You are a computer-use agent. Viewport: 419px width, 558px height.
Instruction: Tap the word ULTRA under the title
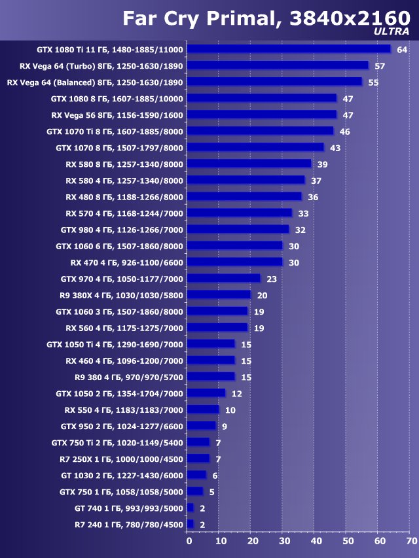pos(392,31)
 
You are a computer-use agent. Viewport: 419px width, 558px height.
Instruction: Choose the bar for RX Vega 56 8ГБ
pos(262,114)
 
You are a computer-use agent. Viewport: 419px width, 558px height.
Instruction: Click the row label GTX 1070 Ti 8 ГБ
pos(115,131)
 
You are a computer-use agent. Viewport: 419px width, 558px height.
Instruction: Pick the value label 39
pos(323,164)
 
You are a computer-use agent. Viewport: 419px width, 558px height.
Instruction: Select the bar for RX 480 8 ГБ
pos(244,196)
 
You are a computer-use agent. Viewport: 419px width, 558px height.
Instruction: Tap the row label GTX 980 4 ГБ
pos(122,230)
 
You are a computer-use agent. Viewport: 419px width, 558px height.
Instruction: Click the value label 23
pos(272,279)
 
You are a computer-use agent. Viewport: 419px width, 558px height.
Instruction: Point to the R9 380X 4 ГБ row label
pos(119,295)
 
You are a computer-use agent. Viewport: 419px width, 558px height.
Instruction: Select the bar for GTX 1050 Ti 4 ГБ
pos(211,343)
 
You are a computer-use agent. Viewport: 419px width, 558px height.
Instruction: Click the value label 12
pos(236,393)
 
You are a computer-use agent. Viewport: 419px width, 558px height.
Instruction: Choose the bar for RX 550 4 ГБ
pos(203,410)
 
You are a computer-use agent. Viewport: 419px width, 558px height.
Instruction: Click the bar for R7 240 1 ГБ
pos(191,524)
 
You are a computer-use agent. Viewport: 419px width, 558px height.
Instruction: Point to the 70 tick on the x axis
pos(411,542)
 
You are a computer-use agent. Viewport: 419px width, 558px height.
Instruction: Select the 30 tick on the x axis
pos(284,542)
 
